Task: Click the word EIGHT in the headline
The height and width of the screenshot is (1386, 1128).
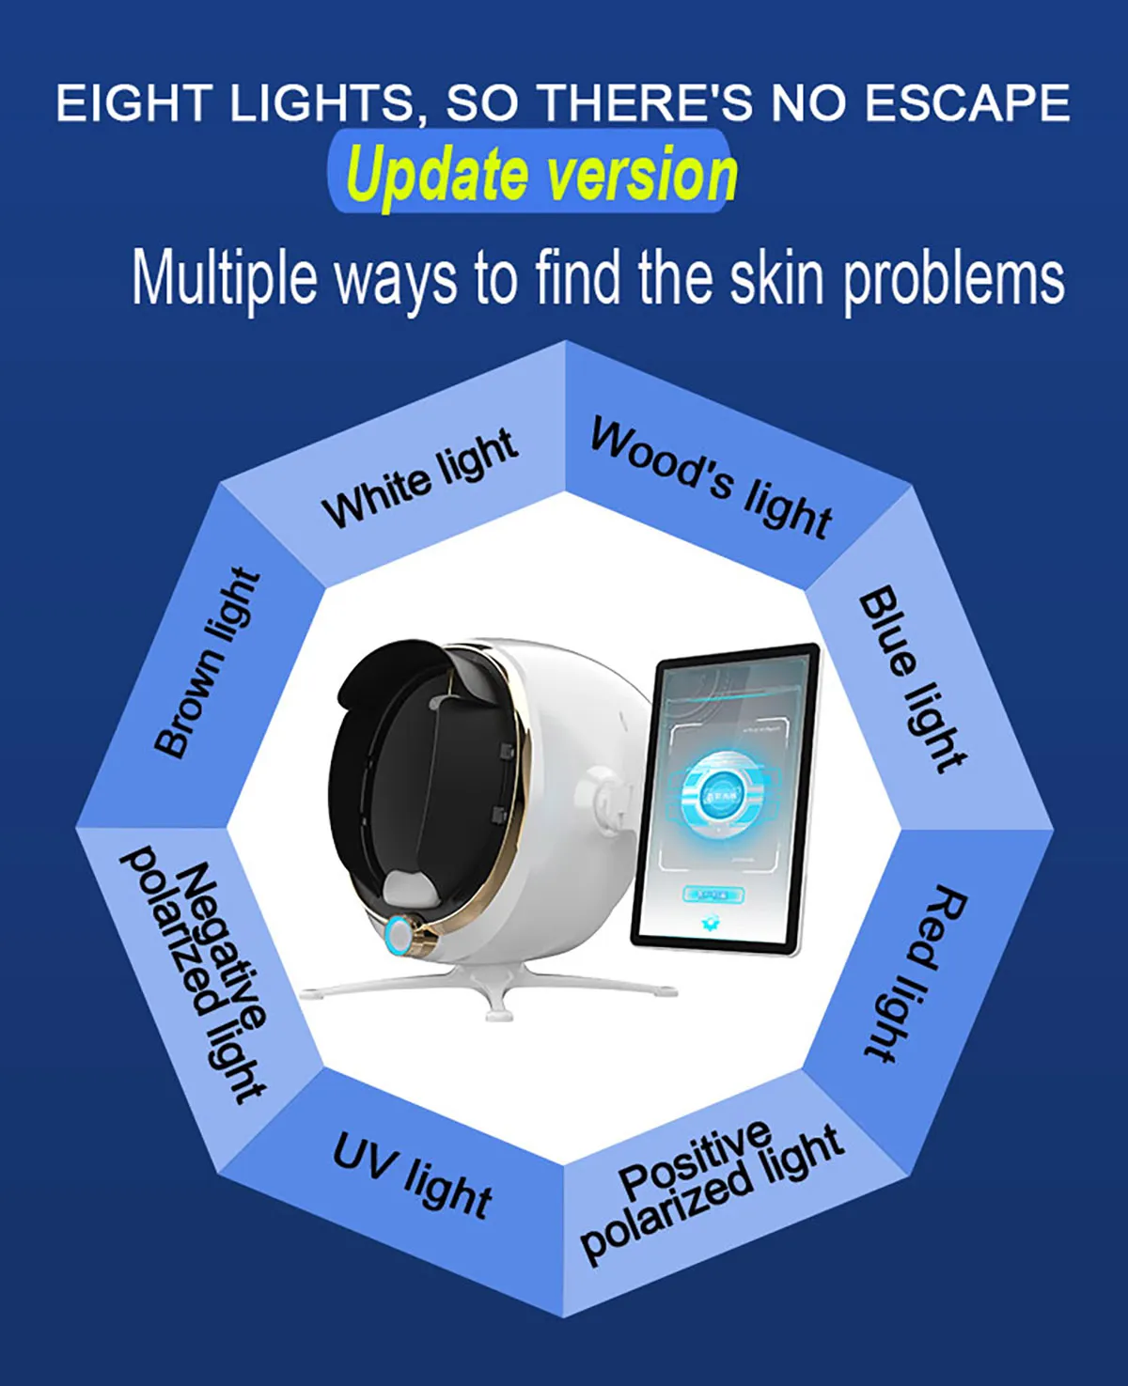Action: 132,103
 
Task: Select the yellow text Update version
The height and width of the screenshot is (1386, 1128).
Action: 541,175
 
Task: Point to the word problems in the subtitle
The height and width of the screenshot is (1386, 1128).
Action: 953,279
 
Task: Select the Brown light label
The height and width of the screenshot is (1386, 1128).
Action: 206,662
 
